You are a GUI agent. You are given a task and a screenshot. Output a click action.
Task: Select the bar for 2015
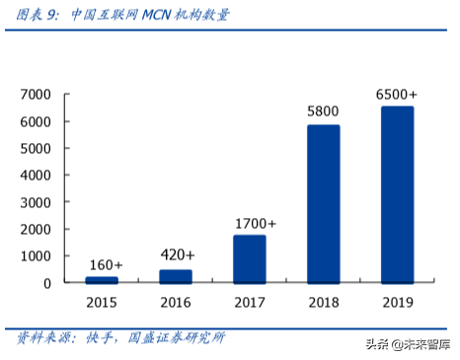[x=102, y=279]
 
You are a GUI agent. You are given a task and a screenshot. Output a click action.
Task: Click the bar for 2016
[x=176, y=276]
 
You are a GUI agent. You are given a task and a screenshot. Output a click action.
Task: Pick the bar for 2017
[x=250, y=258]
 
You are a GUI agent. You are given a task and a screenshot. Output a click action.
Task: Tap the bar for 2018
[x=324, y=204]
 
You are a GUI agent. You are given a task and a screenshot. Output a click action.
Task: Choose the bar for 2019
[x=398, y=194]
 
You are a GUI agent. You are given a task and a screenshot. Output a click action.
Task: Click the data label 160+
[x=102, y=265]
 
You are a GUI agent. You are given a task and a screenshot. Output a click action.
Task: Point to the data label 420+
[x=176, y=255]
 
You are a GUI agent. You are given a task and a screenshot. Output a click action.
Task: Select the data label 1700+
[x=250, y=223]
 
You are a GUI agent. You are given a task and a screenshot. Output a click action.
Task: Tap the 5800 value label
[x=324, y=111]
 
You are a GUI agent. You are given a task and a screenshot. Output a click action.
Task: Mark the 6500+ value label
[x=398, y=94]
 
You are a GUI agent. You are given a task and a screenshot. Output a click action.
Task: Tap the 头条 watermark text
[x=378, y=344]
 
